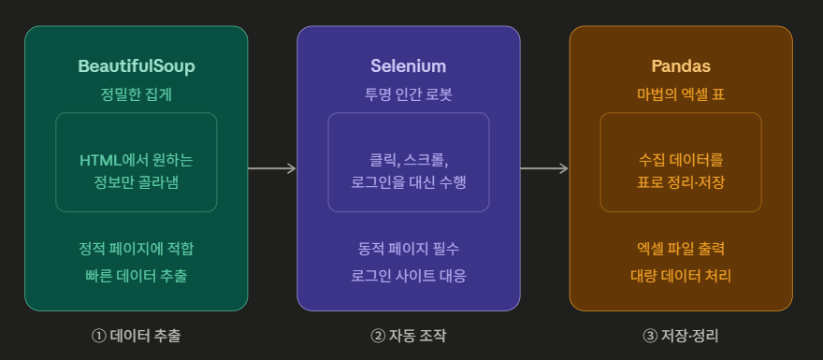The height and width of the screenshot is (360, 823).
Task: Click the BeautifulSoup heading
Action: [137, 66]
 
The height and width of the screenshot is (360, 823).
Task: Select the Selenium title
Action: [409, 66]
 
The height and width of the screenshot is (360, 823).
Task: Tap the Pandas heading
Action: [681, 66]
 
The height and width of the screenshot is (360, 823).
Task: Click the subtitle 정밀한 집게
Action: [137, 94]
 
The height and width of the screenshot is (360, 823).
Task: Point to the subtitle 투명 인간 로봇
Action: [409, 94]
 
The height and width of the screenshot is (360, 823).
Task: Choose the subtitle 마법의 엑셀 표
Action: [681, 94]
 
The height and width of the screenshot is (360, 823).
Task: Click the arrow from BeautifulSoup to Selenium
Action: [272, 168]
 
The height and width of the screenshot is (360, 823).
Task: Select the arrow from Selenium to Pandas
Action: [544, 168]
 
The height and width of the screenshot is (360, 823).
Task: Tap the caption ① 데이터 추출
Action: [137, 336]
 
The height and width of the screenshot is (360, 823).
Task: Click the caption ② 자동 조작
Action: [409, 336]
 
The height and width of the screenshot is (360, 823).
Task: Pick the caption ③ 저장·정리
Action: [681, 336]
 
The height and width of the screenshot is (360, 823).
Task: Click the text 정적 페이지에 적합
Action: [137, 249]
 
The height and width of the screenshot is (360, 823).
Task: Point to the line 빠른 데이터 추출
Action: [137, 276]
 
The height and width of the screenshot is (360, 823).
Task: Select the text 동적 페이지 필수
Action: [409, 249]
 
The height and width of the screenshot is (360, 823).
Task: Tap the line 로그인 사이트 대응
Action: [409, 276]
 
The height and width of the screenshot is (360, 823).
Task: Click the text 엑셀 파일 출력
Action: [681, 249]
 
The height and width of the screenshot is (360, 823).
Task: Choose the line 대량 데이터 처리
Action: [681, 276]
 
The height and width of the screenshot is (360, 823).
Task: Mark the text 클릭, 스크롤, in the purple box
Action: [409, 159]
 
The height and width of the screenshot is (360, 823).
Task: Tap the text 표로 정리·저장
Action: [681, 181]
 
